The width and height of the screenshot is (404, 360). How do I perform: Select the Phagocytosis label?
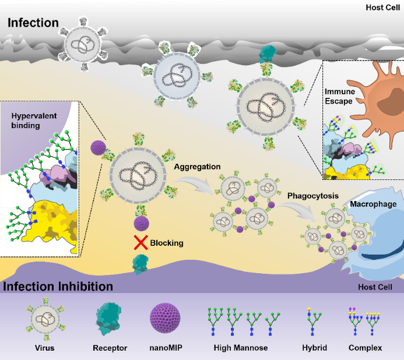coord(312,196)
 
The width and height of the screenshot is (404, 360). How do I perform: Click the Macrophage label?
coord(373,204)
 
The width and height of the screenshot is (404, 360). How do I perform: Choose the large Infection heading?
coord(33,23)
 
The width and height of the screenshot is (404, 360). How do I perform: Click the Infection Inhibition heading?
coord(58,287)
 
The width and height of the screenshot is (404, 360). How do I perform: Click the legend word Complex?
coord(365,348)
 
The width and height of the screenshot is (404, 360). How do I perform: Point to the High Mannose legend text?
coord(240,348)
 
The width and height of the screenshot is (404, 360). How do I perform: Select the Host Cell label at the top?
coord(382,8)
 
